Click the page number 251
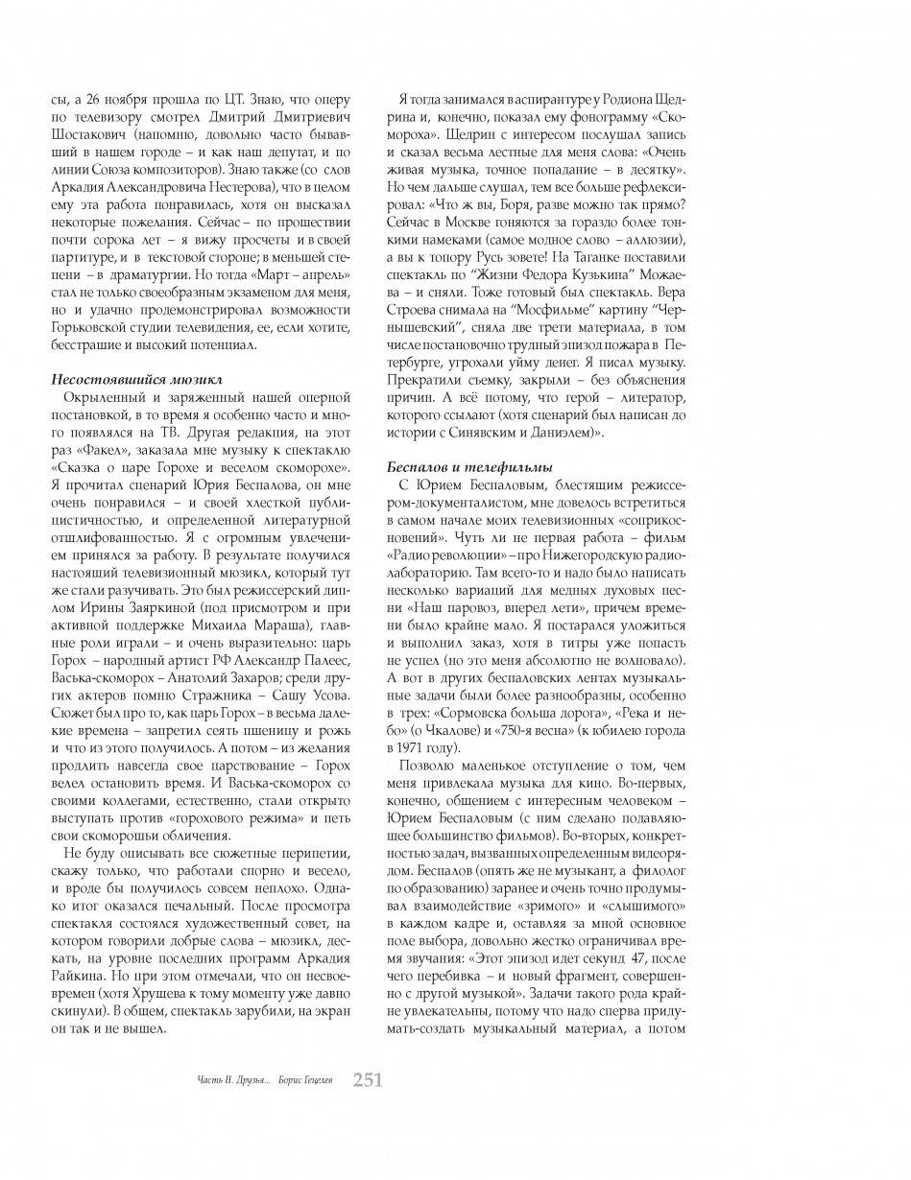368,1080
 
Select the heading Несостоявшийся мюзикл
136,380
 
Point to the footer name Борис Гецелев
308,1081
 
